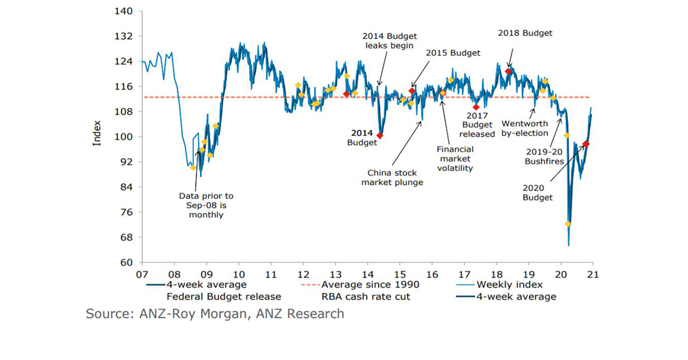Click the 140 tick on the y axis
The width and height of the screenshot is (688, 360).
click(124, 11)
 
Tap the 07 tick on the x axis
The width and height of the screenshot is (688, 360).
click(142, 273)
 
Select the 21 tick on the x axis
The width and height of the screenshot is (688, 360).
click(593, 273)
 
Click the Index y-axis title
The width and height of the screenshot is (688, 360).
click(97, 132)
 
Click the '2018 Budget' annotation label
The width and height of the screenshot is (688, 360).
click(525, 33)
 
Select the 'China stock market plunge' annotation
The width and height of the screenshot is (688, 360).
click(396, 178)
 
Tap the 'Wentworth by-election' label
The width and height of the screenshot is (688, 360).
click(524, 128)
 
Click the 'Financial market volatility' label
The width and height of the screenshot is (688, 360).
click(454, 158)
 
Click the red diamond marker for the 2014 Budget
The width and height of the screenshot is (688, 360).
click(380, 136)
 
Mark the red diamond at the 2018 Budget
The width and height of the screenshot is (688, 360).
click(508, 71)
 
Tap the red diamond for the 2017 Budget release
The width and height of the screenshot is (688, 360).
click(476, 107)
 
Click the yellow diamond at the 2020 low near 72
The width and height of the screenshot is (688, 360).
click(568, 224)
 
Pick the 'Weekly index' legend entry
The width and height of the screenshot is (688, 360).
click(505, 285)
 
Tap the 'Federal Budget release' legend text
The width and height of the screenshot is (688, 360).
click(224, 297)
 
